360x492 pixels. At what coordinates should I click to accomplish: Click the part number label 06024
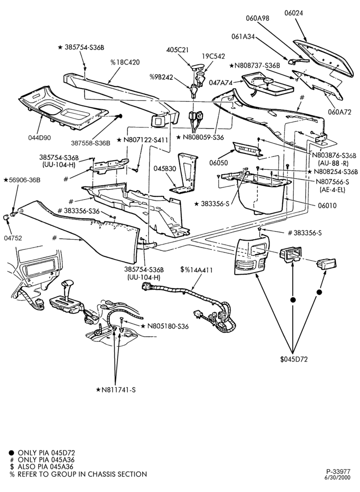[294, 13]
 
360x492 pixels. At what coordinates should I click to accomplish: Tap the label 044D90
[39, 137]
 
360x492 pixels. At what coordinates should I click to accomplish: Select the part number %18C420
[125, 62]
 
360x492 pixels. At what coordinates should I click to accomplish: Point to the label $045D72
[294, 359]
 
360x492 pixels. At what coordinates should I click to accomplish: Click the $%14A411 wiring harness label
[197, 270]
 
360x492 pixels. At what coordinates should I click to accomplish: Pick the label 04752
[13, 238]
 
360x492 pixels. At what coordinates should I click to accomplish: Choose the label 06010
[327, 206]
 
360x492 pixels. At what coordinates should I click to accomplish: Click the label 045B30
[165, 168]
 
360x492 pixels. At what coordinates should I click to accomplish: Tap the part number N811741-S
[116, 390]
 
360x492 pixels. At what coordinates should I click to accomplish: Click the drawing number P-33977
[338, 472]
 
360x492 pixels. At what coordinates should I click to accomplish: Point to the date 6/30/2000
[339, 478]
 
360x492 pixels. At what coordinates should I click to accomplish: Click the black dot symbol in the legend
[12, 453]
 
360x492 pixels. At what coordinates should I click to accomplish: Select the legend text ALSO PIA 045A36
[46, 467]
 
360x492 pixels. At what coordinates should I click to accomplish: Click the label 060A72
[340, 111]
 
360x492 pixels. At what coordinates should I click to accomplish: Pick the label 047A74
[221, 83]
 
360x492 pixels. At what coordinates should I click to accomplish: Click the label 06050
[218, 163]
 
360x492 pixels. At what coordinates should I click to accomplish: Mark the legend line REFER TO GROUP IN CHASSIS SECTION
[82, 474]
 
